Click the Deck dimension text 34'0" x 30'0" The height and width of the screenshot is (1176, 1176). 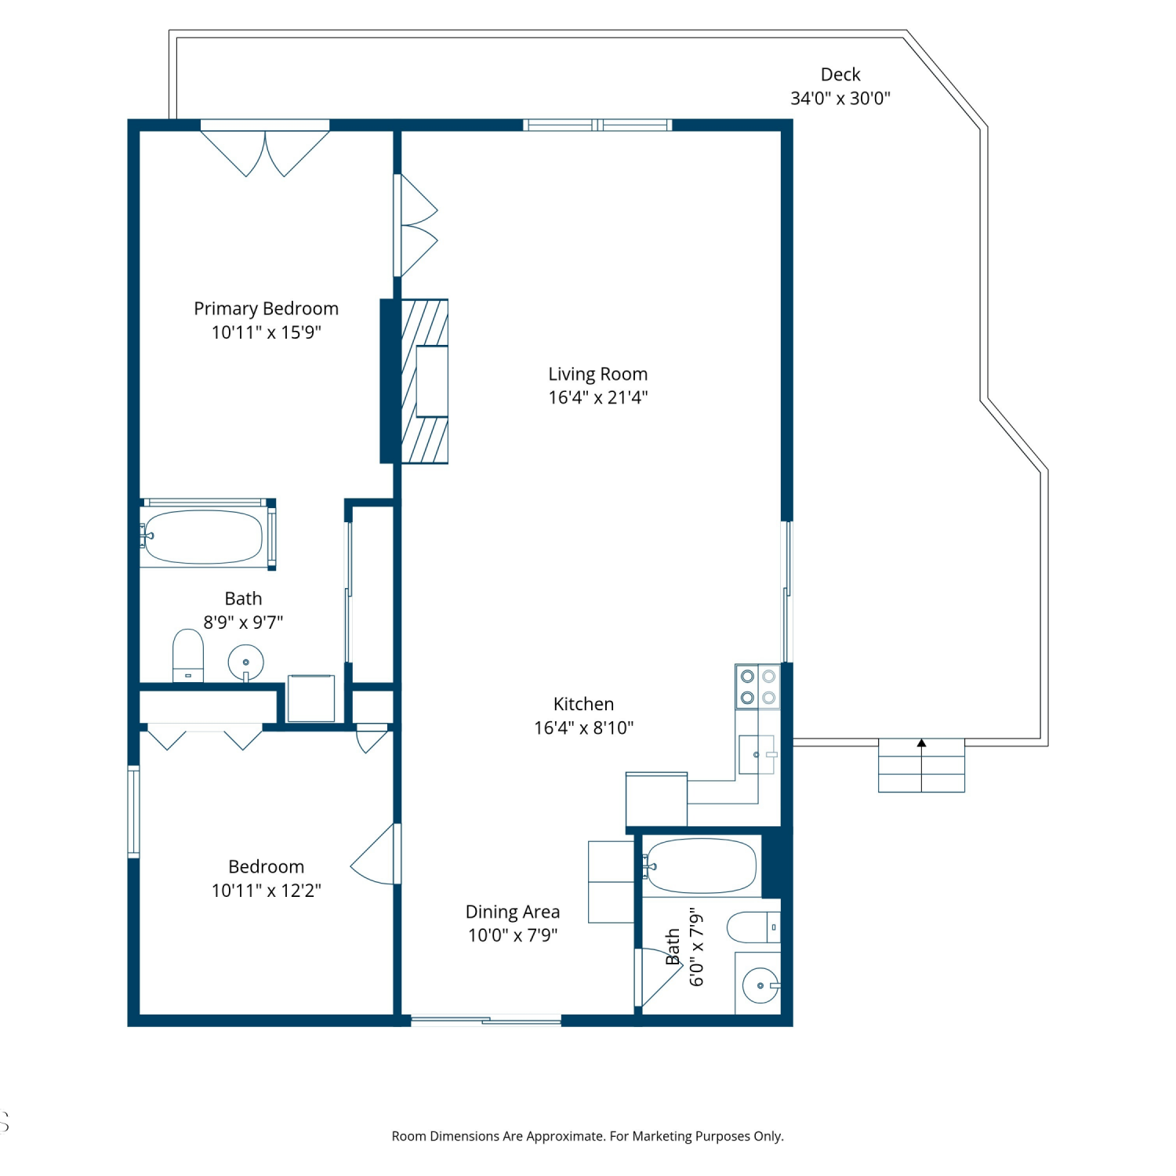tap(840, 99)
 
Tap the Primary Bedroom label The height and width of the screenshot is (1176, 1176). tap(267, 309)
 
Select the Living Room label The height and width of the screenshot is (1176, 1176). tap(598, 374)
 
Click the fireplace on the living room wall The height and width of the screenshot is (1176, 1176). tap(424, 381)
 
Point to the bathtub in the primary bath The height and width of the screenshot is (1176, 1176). tap(204, 537)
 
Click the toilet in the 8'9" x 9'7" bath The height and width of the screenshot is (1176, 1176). tap(188, 655)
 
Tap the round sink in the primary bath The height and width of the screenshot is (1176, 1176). tap(246, 663)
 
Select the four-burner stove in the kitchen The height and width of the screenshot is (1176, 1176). tap(758, 687)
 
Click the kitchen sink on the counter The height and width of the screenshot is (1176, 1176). tap(757, 755)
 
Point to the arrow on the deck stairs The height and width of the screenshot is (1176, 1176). tap(922, 743)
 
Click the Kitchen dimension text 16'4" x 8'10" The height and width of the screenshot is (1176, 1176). tap(584, 728)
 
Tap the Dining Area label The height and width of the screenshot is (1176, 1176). tap(513, 912)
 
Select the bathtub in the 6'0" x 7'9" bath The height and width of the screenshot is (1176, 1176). tap(702, 866)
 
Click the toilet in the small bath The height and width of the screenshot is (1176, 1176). tap(753, 927)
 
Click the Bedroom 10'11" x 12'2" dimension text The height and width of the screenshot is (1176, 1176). tap(267, 891)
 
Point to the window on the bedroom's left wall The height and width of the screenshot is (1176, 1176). tap(134, 811)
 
